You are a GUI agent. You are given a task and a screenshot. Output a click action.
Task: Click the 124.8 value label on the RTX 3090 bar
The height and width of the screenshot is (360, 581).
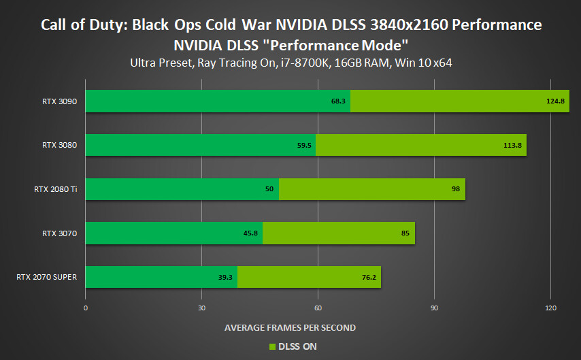(x=556, y=101)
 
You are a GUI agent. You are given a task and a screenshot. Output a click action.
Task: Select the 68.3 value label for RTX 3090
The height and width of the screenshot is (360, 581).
(x=339, y=101)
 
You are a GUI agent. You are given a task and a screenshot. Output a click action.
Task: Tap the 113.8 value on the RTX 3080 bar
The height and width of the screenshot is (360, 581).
(x=514, y=145)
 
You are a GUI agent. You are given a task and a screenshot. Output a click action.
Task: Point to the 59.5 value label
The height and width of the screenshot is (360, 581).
(x=304, y=145)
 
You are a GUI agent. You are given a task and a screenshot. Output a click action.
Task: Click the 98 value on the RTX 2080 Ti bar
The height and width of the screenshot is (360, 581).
(x=456, y=189)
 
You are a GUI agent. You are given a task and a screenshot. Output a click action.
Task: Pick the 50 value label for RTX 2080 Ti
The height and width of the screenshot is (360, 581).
(x=269, y=189)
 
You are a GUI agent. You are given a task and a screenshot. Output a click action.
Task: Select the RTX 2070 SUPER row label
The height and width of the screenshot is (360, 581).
(x=46, y=277)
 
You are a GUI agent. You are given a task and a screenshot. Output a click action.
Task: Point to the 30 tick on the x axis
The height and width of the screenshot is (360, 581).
(x=201, y=308)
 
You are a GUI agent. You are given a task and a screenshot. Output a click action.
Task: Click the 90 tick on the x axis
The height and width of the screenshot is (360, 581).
(x=434, y=308)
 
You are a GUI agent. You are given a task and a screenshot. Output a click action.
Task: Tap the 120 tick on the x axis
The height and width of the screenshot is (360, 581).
(x=550, y=308)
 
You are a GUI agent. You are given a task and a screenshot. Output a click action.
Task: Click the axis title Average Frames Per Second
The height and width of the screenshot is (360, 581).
(x=290, y=328)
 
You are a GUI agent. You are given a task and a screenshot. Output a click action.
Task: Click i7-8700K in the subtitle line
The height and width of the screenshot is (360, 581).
(x=312, y=63)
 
